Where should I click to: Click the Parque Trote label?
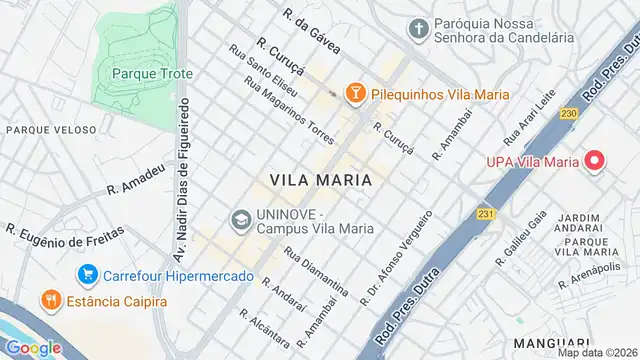pos(152,73)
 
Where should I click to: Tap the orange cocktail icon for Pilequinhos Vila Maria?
pos(354,93)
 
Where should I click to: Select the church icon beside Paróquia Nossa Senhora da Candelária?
pos(420,27)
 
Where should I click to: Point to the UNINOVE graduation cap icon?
pos(241,218)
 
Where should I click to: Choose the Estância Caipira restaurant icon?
pos(48,298)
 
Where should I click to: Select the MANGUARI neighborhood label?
pos(547,314)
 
